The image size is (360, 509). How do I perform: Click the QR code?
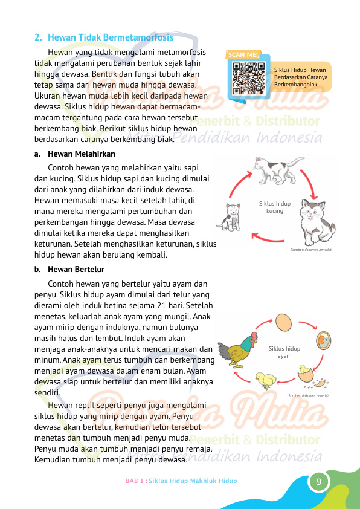tap(248, 76)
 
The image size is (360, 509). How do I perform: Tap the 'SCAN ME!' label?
tap(243, 54)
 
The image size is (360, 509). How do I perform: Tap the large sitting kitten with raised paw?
tap(318, 221)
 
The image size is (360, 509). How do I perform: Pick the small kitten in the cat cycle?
tap(232, 216)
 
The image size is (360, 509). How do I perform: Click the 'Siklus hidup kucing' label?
tap(275, 207)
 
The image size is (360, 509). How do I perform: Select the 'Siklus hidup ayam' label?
tap(284, 352)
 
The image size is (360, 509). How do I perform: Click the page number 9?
tap(318, 482)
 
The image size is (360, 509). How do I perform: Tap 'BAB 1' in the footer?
tap(135, 481)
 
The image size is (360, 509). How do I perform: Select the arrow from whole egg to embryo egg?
tap(308, 323)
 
